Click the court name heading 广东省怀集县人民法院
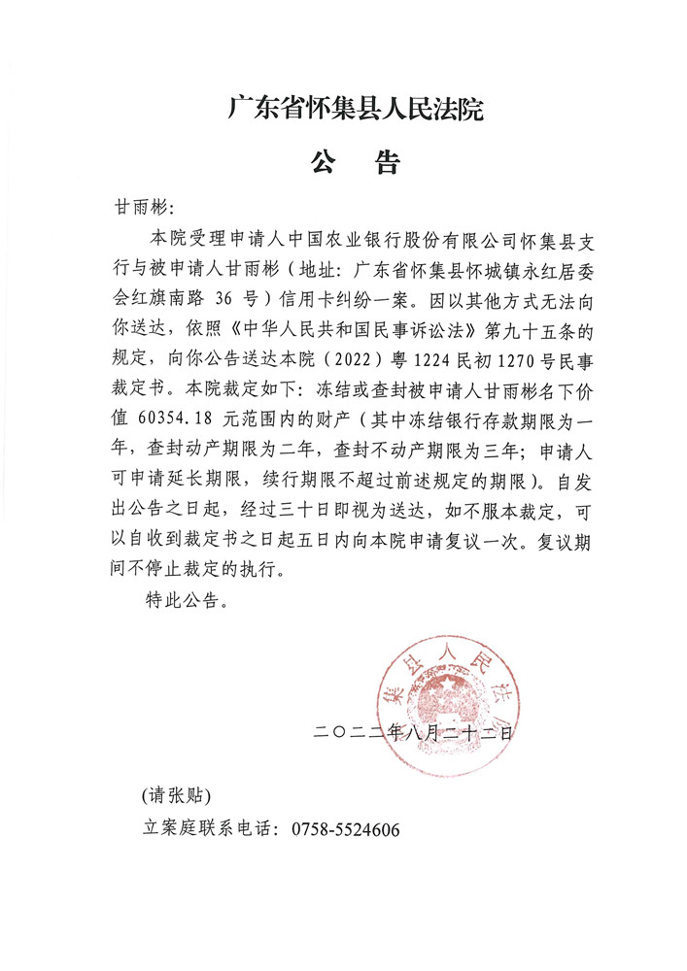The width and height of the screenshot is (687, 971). coord(356,108)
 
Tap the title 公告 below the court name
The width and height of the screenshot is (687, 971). coord(356,162)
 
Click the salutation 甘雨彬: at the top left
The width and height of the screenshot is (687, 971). coord(144,209)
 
